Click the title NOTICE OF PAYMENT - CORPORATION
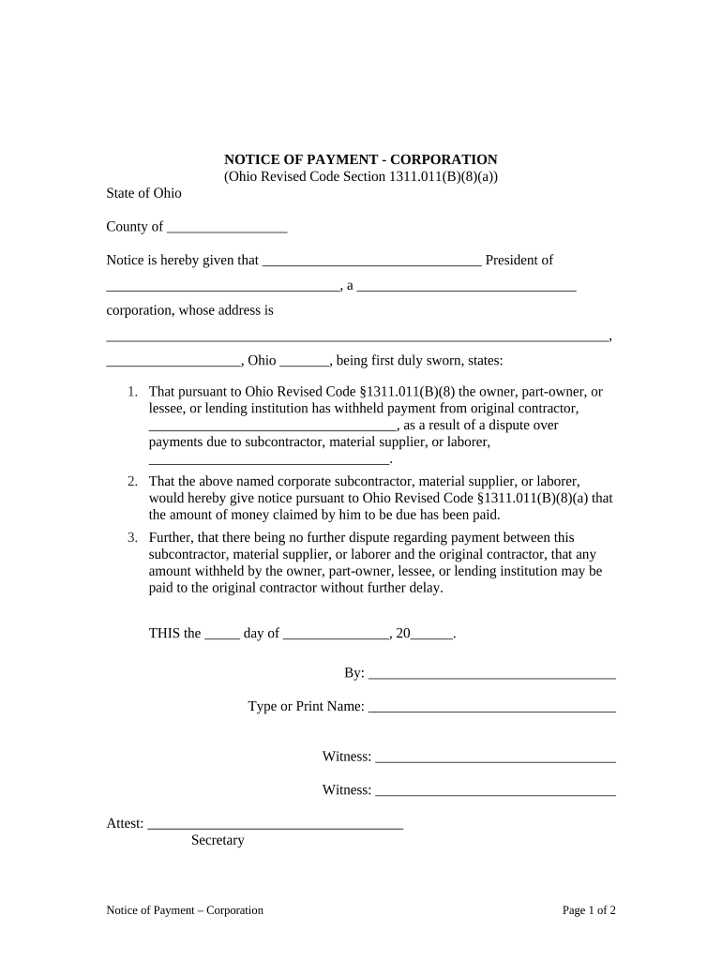[x=360, y=159]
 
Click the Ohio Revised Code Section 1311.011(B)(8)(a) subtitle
[x=360, y=176]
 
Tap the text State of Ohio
[x=143, y=193]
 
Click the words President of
[x=519, y=261]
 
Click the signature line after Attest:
[x=276, y=826]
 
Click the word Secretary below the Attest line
[x=218, y=841]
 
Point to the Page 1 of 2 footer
[x=589, y=910]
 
